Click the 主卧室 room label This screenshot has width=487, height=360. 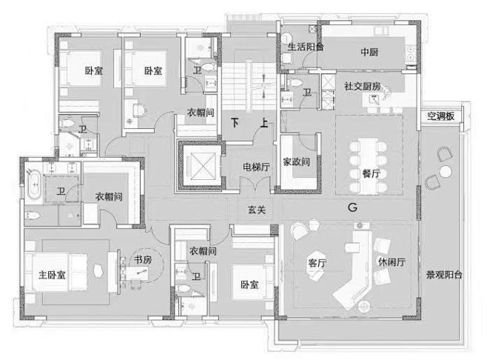click(52, 275)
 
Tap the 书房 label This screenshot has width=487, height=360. click(143, 259)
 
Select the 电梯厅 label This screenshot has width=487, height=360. click(256, 167)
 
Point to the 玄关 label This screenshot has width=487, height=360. click(257, 210)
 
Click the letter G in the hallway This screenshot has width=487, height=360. click(352, 207)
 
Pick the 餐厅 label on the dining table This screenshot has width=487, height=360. click(371, 173)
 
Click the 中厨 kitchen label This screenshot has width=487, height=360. click(369, 52)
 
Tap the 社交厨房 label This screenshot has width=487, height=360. click(363, 86)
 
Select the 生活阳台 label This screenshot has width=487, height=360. click(306, 47)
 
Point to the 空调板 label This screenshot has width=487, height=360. click(440, 116)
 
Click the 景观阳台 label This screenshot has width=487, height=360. click(444, 275)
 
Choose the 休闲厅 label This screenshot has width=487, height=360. click(392, 262)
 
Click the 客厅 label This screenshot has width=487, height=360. click(317, 263)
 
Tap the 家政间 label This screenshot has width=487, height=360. click(296, 161)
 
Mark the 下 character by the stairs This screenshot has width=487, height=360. click(235, 123)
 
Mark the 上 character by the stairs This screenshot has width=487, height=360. click(264, 123)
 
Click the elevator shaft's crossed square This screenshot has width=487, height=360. click(202, 167)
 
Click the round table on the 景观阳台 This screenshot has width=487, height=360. click(446, 172)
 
